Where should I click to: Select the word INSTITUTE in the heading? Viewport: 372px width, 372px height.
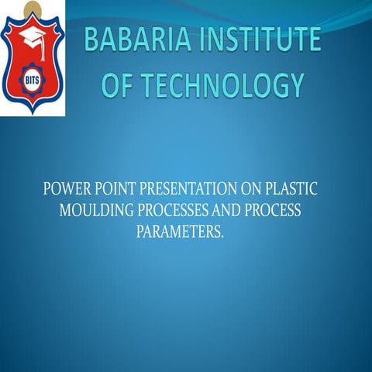pos(257,41)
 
